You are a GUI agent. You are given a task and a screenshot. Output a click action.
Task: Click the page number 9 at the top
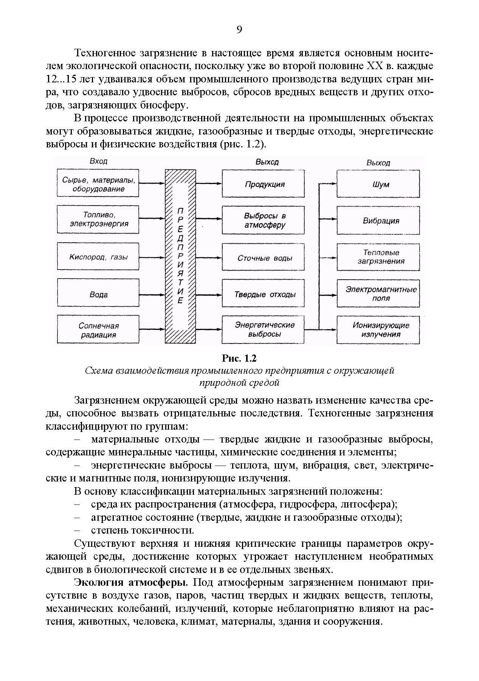click(x=239, y=29)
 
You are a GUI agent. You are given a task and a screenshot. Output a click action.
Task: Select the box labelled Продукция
click(x=263, y=184)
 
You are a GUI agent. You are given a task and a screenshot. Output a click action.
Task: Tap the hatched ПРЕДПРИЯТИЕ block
click(x=180, y=257)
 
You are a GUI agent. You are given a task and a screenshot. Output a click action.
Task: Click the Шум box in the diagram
click(x=378, y=184)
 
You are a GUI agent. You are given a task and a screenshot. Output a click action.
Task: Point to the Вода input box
click(x=98, y=294)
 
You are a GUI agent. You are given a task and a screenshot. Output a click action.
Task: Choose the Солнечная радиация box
click(x=98, y=330)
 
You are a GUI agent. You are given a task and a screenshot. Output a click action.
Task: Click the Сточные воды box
click(x=263, y=257)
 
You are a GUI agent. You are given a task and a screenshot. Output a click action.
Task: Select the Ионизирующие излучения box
click(x=378, y=330)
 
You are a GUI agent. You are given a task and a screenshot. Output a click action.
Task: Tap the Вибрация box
click(x=378, y=220)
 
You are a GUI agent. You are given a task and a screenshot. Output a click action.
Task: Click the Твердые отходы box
click(x=263, y=294)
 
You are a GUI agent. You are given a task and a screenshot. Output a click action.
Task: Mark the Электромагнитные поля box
click(x=378, y=294)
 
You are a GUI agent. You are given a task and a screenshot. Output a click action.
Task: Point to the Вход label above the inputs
click(x=98, y=161)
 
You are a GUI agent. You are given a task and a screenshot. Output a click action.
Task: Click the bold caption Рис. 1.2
click(x=239, y=358)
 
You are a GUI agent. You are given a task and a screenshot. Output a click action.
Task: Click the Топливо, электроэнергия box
click(x=98, y=220)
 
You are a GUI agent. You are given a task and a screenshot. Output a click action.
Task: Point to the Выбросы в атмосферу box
click(x=263, y=220)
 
